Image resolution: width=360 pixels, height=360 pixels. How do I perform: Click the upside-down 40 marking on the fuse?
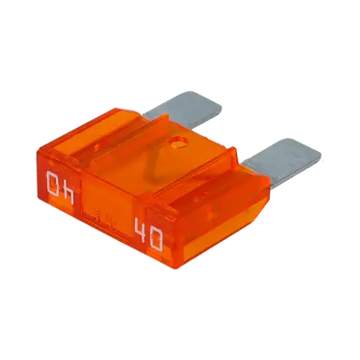tap(60, 187)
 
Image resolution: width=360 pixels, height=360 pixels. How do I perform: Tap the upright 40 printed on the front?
tap(148, 234)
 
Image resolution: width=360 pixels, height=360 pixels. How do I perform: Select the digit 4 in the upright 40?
tap(140, 231)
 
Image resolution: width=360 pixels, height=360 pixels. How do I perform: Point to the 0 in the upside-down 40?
tap(52, 184)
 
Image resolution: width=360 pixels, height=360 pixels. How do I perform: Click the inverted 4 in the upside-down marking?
tap(67, 193)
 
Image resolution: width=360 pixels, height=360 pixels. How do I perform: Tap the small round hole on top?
tap(178, 143)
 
